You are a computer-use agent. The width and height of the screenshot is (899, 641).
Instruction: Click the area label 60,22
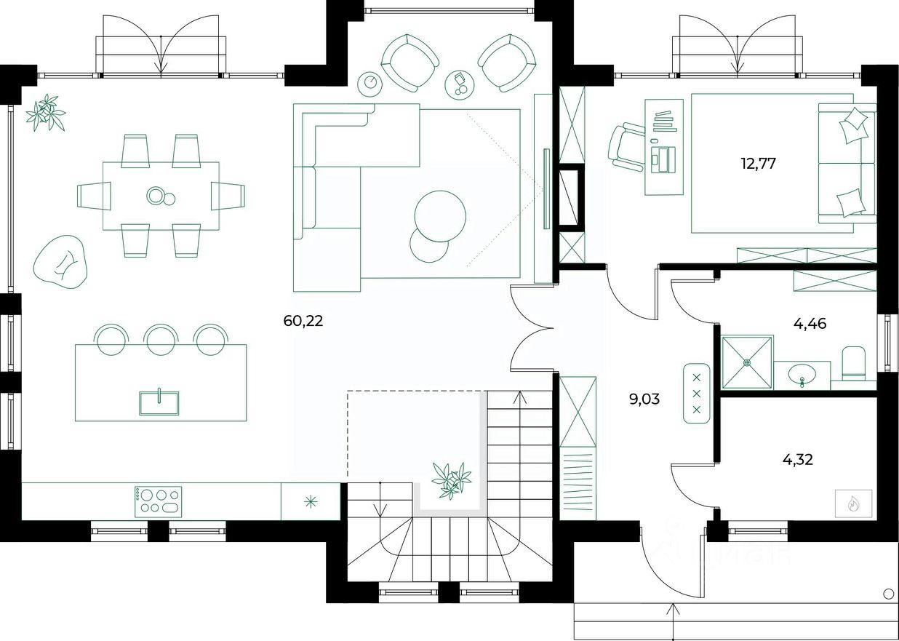coord(303,320)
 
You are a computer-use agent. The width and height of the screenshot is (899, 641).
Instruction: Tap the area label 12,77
coord(758,163)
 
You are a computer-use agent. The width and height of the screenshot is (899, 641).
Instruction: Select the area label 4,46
coord(811,324)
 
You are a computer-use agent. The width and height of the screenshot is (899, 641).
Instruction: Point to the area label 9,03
coord(644,398)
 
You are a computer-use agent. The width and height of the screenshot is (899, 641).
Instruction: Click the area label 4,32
coord(797,459)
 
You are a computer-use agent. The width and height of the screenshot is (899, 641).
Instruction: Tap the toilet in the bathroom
coord(853,362)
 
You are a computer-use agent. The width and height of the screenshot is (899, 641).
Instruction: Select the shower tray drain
coord(747,362)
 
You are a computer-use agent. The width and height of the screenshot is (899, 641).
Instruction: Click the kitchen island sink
coord(159,402)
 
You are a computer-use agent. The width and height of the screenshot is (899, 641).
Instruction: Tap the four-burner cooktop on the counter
coord(158,502)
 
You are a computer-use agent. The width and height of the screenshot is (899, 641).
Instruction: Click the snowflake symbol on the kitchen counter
coord(311,501)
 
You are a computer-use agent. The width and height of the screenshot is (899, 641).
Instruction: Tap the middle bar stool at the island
coord(161,338)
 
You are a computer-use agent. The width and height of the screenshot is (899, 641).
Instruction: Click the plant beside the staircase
coord(451,480)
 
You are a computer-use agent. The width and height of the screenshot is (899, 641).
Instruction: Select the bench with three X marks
coord(697,393)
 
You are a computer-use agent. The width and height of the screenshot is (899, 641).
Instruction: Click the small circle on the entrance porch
coord(887,594)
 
